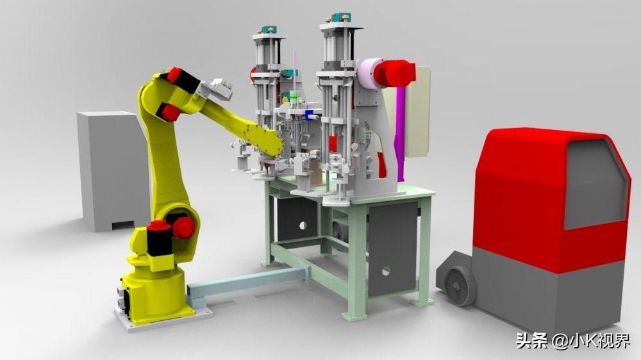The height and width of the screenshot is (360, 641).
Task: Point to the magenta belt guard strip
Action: (400, 135)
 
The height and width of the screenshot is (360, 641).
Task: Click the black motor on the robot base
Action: (159, 239)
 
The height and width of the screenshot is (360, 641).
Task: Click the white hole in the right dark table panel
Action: (385, 270)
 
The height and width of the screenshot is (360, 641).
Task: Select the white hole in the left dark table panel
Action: (303, 225)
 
